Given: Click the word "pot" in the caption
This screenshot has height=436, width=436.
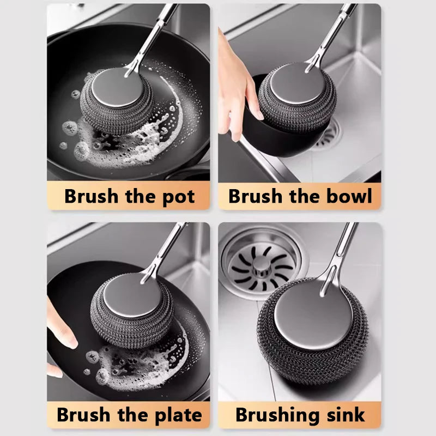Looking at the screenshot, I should coord(176,197).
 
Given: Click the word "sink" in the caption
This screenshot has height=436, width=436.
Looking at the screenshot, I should coord(344,415).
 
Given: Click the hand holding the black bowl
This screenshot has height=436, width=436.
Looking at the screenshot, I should coord(234,87).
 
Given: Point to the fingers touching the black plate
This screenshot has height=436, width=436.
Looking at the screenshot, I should coord(60,332).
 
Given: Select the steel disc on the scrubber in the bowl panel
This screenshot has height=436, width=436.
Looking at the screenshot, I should coord(297,87).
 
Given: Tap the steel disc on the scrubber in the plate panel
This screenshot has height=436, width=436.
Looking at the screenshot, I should coord(134,297).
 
